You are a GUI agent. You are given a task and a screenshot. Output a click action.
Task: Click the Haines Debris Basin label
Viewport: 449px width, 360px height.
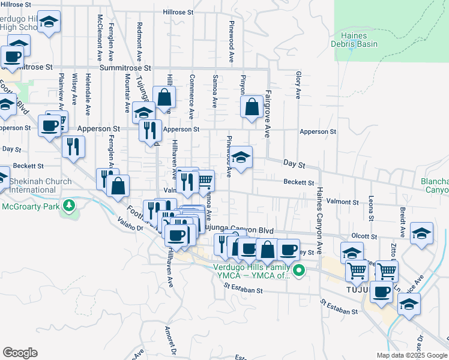click(354, 40)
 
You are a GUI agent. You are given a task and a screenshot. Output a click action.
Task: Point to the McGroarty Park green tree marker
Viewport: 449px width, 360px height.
click(70, 206)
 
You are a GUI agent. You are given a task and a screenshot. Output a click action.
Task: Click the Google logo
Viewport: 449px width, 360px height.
click(20, 353)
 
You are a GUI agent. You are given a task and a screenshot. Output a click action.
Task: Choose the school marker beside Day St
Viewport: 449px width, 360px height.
click(242, 158)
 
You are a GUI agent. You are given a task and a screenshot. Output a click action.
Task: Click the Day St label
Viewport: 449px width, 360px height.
click(294, 164)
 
